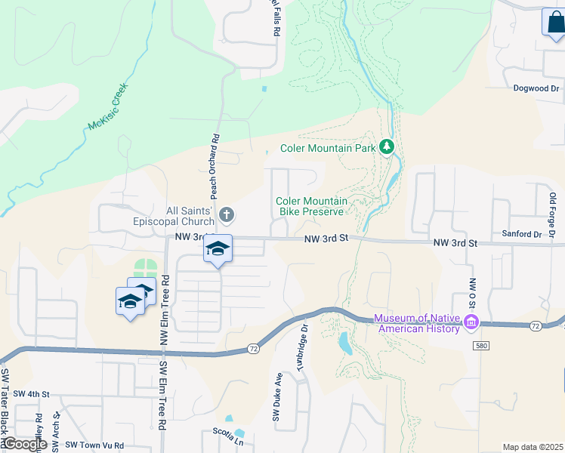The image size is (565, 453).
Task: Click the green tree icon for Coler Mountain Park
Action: (x=387, y=146)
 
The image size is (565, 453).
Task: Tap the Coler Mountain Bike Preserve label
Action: (x=311, y=206)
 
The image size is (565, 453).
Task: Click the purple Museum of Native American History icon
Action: (x=471, y=322)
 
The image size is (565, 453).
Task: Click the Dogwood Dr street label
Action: (x=536, y=88)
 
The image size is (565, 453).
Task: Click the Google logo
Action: (x=24, y=444)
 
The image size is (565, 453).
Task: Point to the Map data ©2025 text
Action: (x=533, y=447)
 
